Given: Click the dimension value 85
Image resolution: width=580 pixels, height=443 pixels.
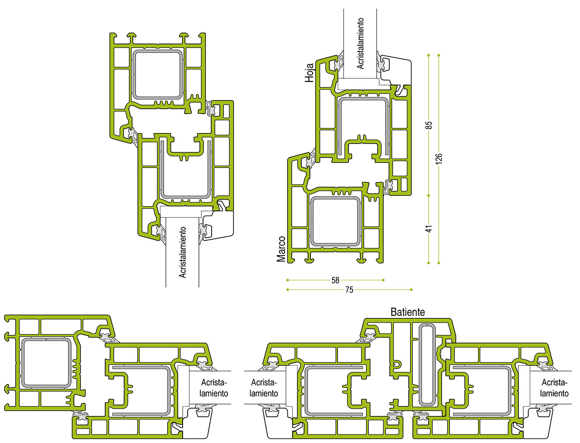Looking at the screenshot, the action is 430,125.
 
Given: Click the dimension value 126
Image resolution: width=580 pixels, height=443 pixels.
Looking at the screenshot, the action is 439,159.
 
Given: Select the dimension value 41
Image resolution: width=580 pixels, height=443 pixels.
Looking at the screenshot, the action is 430,229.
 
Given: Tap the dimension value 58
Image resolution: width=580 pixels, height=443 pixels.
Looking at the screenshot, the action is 335,280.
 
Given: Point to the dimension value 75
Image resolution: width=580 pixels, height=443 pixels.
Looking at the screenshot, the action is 349,290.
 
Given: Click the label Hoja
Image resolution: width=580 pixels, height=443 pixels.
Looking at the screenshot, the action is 309,72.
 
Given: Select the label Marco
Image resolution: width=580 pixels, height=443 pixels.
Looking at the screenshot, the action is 281,249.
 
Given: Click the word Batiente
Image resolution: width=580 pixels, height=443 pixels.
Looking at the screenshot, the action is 408,312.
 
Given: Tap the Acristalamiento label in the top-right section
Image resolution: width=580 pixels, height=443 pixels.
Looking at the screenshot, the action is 360,43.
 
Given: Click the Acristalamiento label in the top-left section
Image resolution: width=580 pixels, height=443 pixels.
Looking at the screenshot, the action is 183,252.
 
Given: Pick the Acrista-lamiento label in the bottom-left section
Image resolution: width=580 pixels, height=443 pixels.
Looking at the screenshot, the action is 214,388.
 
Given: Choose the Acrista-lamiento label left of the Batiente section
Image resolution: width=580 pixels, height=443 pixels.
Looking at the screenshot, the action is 264,388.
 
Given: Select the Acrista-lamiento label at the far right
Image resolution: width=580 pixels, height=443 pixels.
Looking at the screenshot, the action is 554,388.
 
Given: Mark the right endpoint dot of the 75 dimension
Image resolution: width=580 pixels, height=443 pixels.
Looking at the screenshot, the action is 411,290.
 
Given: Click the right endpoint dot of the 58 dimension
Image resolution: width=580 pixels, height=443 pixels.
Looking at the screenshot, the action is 383,280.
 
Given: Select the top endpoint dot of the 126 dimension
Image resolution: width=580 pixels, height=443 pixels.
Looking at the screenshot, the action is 439,55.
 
